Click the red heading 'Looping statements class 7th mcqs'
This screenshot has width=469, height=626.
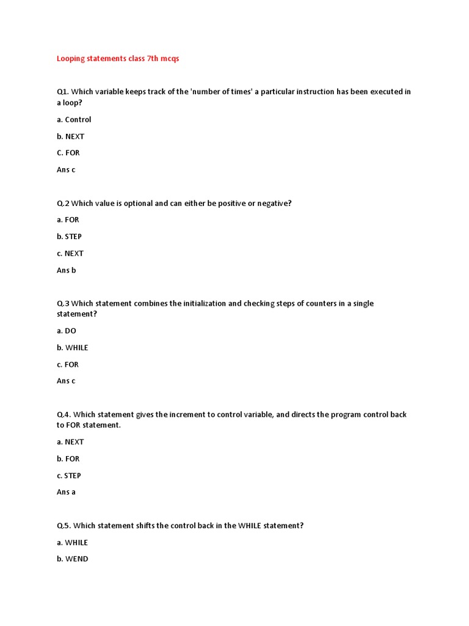click(118, 59)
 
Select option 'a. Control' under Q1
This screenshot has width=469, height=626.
click(74, 120)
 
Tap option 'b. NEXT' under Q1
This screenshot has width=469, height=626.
click(71, 136)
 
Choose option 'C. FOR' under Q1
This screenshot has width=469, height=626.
click(68, 153)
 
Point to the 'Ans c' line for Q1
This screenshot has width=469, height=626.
click(66, 169)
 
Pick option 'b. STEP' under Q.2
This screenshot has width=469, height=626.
click(69, 237)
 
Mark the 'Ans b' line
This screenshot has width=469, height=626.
click(67, 270)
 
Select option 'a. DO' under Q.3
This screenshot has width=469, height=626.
click(67, 331)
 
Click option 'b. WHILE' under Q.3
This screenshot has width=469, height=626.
click(73, 348)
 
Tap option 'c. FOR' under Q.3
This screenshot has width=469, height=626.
click(68, 364)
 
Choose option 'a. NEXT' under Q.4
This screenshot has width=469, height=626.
click(70, 442)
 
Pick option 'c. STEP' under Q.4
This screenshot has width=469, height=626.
click(69, 476)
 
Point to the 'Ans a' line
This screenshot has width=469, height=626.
click(66, 492)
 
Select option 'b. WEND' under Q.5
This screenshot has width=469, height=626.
click(73, 559)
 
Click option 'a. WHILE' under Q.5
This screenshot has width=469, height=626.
click(72, 542)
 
